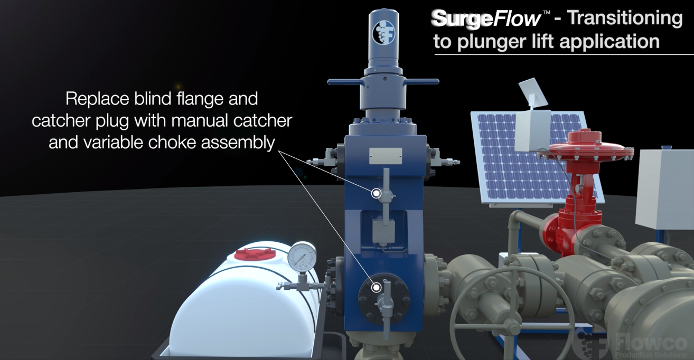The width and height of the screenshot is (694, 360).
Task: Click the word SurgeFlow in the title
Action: coord(486,18)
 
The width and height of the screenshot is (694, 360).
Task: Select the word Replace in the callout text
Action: coord(97,99)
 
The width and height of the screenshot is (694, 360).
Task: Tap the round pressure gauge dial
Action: coord(302,257)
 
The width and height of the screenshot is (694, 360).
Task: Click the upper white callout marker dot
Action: coord(377,194)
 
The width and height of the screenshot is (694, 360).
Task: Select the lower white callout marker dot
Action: coord(377,288)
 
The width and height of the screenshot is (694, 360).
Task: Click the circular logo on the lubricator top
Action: coord(384,33)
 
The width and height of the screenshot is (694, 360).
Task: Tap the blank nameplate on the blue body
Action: coord(386,156)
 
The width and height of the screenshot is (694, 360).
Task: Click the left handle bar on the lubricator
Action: coord(344,82)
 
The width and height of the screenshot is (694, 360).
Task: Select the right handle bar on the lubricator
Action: coord(423,82)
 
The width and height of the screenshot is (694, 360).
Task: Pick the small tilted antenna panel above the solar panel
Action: coord(533,92)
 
